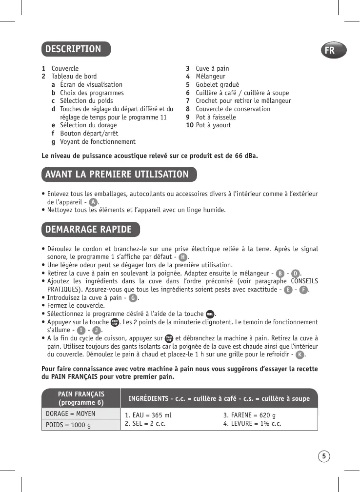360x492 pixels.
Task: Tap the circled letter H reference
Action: click(182, 257)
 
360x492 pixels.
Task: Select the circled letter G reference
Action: click(132, 297)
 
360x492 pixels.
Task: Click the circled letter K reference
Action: click(300, 354)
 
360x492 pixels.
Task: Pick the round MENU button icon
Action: click(209, 314)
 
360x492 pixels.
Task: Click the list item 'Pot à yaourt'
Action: click(213, 125)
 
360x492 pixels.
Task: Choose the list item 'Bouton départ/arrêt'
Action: click(89, 133)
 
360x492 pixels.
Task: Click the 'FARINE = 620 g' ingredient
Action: click(249, 415)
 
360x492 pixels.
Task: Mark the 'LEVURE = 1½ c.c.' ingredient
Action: click(252, 423)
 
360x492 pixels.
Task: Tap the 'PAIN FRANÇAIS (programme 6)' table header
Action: click(81, 398)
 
